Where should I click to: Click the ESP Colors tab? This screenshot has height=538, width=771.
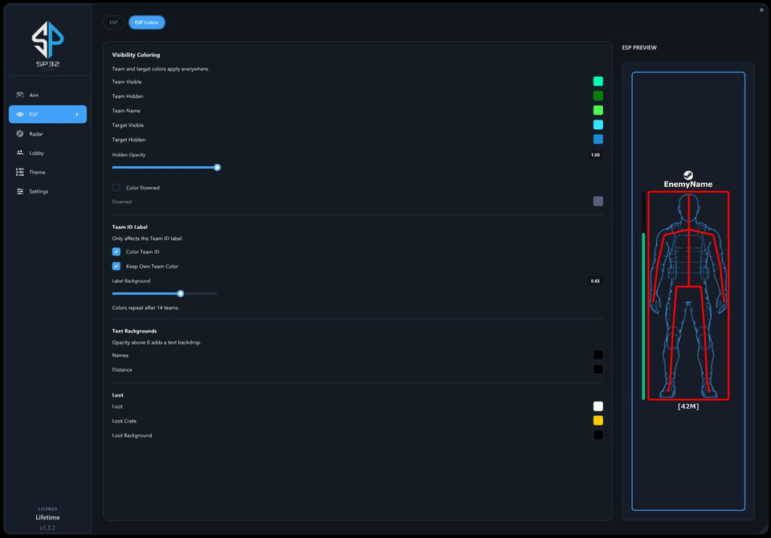tap(146, 22)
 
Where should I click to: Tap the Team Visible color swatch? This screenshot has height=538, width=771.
tap(598, 81)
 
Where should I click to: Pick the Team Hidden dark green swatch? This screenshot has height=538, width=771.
tap(598, 96)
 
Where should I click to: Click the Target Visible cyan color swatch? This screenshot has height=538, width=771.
tap(598, 124)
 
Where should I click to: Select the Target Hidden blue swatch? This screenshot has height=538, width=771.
tap(598, 139)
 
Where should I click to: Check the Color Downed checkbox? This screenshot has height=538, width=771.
tap(116, 187)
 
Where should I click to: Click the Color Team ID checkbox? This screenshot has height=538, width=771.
tap(116, 252)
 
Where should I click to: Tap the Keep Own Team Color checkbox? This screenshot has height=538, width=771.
tap(116, 266)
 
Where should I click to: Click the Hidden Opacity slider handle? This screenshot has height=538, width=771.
tap(217, 167)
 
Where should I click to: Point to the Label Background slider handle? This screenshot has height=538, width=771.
tap(181, 294)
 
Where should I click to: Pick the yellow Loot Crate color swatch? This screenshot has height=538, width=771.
tap(598, 421)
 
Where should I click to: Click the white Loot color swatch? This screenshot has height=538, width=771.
tap(598, 406)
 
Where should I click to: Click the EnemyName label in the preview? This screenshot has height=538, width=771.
tap(688, 185)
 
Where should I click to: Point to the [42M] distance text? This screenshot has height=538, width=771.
tap(688, 406)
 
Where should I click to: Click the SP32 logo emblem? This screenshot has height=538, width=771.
tap(47, 39)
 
